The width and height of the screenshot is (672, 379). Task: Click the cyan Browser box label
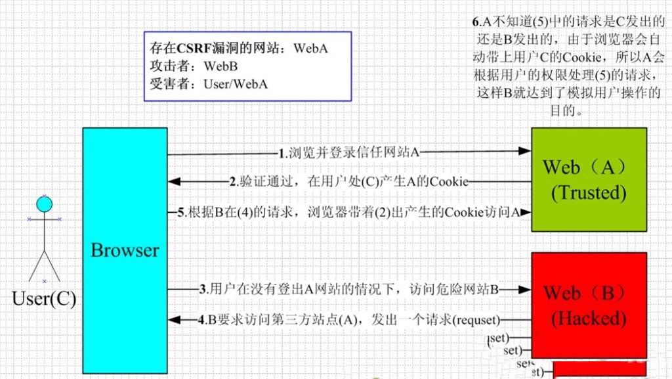125,250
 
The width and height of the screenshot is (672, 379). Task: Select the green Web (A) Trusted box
578,179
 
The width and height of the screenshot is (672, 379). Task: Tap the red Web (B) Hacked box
578,305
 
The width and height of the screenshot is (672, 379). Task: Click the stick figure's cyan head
44,204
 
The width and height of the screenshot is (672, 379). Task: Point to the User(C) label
44,300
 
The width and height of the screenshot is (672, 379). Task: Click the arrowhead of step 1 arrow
524,150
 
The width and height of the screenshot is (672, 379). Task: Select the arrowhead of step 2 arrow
175,181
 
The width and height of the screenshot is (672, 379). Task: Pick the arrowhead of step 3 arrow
524,289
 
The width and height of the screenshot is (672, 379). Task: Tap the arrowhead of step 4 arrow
175,319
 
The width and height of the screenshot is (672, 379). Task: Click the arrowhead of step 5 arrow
524,212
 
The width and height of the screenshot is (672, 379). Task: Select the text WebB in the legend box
222,66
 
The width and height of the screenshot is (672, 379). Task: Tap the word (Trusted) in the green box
588,192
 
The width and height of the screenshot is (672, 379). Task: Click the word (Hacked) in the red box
588,319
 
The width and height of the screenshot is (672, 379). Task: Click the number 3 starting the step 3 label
203,289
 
